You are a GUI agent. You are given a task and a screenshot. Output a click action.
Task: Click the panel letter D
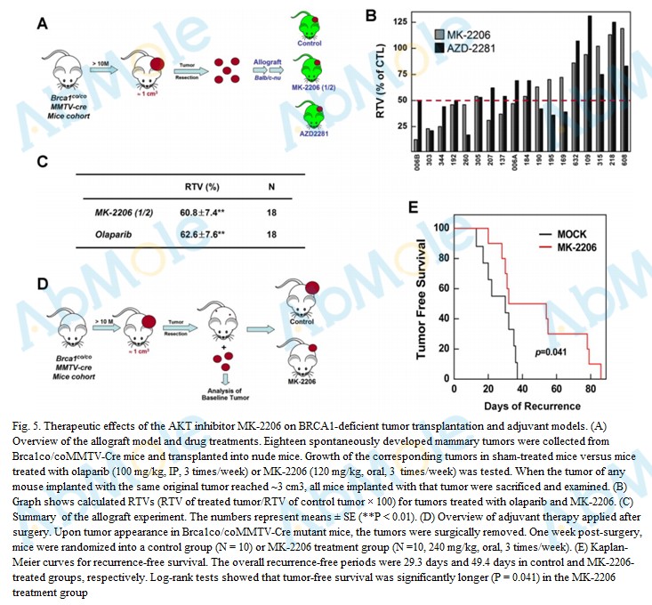pos(42,285)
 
